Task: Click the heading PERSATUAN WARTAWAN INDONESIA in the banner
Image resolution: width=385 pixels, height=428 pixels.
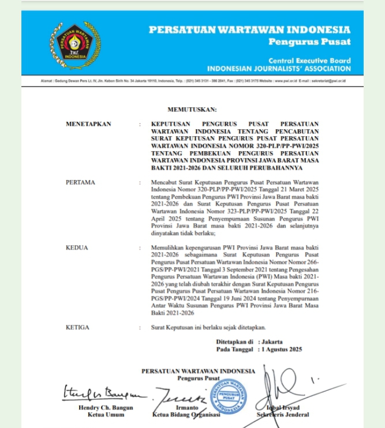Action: (249, 29)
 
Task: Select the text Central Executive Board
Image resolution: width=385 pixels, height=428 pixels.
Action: (309, 61)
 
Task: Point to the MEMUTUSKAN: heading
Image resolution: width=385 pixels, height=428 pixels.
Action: (192, 108)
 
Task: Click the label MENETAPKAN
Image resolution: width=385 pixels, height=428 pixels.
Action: (88, 123)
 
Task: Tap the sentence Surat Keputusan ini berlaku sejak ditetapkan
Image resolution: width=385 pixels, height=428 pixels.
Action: (208, 327)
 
